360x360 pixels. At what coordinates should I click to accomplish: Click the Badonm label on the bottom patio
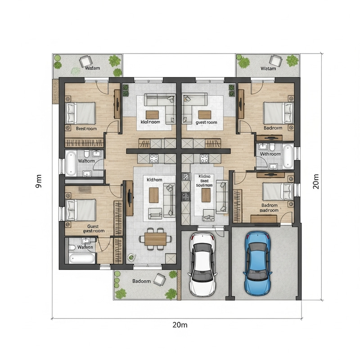[x=141, y=281]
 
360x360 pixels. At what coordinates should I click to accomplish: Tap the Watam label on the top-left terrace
[x=92, y=68]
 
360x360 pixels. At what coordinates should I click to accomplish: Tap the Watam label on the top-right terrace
[x=268, y=68]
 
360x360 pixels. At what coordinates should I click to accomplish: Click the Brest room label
[x=86, y=129]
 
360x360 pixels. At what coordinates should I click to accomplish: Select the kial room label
[x=150, y=122]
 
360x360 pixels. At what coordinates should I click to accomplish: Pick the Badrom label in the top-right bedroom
[x=273, y=128]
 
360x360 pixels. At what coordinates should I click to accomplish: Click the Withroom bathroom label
[x=270, y=154]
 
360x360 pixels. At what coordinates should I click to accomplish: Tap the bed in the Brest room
[x=81, y=112]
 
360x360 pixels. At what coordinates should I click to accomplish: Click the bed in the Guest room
[x=81, y=210]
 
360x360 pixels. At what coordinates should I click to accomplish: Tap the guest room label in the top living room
[x=207, y=122]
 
